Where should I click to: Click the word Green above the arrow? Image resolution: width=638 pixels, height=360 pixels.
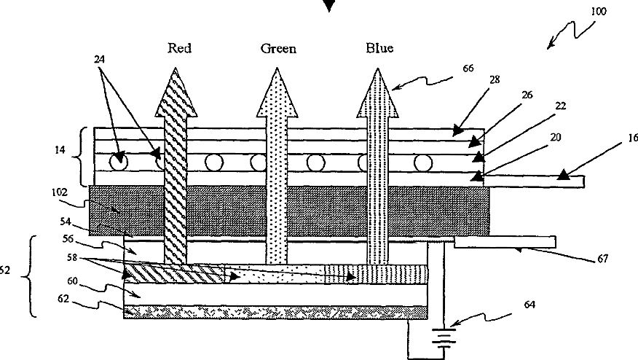[277, 49]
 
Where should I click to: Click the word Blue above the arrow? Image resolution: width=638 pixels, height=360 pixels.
[379, 49]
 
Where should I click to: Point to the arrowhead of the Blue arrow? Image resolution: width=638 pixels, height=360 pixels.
[377, 92]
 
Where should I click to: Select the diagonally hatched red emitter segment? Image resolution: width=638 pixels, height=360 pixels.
[174, 274]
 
